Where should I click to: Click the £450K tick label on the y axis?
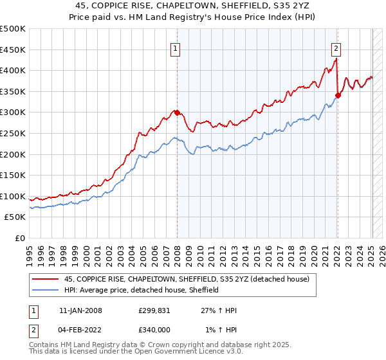[13, 50]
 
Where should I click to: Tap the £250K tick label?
[13, 133]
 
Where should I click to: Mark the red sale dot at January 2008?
[177, 113]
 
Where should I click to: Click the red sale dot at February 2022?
[337, 96]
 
